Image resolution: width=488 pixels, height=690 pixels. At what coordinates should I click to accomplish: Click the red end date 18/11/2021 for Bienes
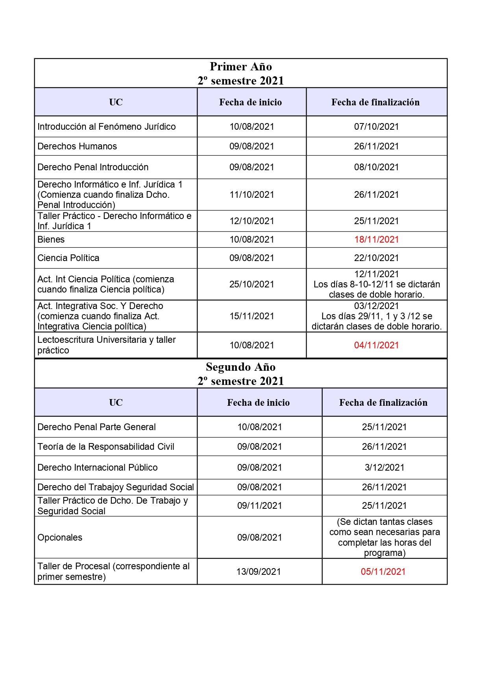pos(376,239)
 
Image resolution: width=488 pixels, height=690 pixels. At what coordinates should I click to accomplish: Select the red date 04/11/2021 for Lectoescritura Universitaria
pos(376,345)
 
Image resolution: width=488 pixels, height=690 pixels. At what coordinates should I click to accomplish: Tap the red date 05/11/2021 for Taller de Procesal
pos(383,572)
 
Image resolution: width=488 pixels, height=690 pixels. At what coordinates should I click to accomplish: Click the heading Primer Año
pos(240,66)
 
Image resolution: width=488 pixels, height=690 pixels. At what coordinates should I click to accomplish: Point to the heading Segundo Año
pos(240,367)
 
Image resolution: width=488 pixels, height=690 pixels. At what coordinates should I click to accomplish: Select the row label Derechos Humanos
pos(77,146)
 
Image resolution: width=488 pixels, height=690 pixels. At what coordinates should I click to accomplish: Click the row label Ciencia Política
pos(68,258)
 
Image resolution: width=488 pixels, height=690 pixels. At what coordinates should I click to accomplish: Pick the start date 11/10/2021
pos(251,195)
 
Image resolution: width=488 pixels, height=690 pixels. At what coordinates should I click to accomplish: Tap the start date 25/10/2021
pos(251,284)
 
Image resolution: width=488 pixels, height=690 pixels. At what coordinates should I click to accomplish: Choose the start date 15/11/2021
pos(251,316)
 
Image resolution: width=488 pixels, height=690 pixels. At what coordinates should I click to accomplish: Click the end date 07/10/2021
pos(376,127)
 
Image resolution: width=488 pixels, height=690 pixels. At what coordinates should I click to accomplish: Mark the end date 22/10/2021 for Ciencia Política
pos(376,258)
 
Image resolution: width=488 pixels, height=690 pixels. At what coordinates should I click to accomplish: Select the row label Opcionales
pos(60,537)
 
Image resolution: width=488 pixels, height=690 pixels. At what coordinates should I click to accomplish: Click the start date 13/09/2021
pos(259,572)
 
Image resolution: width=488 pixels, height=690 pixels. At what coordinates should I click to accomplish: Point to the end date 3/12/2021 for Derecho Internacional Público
pos(384,467)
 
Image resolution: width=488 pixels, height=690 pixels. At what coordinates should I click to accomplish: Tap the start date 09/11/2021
pos(259,506)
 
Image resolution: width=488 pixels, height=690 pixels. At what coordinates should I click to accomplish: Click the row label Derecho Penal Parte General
pos(96,427)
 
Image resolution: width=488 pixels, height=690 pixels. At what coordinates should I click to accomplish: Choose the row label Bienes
pos(51,239)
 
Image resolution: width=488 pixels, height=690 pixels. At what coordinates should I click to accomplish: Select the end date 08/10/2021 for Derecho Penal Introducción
pos(376,167)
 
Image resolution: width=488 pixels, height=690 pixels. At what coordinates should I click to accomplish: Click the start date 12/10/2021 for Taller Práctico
pos(251,221)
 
